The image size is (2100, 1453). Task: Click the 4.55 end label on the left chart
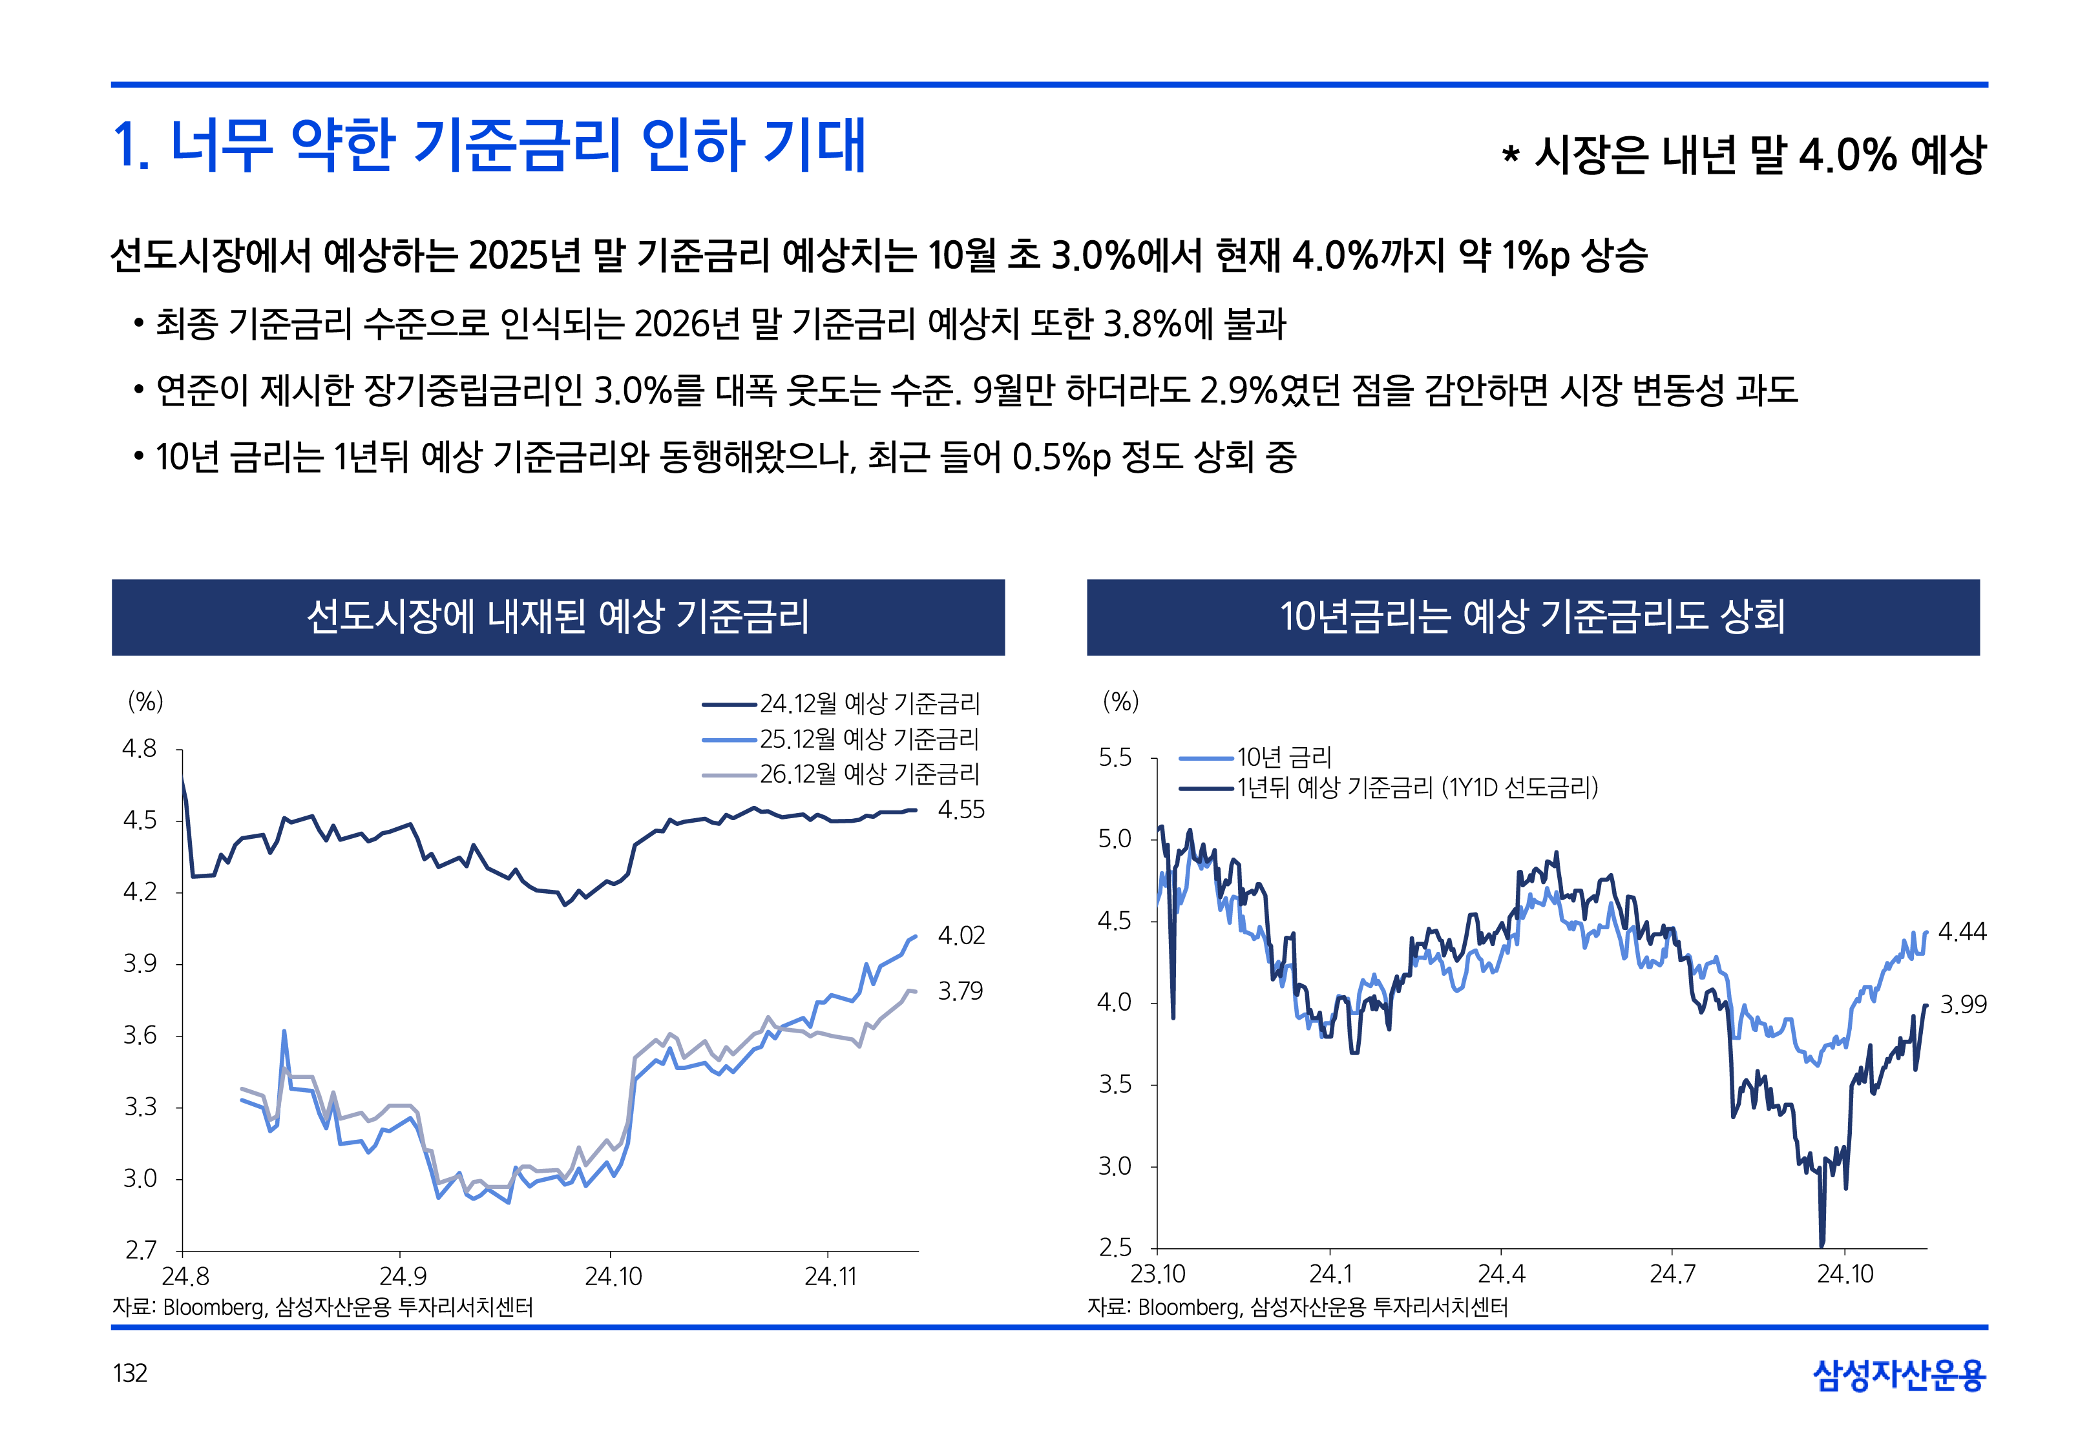(961, 809)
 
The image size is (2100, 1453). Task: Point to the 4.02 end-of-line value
(961, 935)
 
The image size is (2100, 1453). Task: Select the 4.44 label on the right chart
(1962, 931)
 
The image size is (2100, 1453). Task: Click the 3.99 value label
(1962, 1004)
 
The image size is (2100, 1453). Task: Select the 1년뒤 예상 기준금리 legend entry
(1416, 787)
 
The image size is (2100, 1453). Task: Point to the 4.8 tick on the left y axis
(140, 748)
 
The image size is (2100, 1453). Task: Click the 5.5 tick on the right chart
(1115, 757)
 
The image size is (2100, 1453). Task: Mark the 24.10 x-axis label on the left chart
(613, 1277)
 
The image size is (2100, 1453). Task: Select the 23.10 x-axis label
(1157, 1273)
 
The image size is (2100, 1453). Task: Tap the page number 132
(131, 1373)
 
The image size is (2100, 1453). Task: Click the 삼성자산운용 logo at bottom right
(1899, 1375)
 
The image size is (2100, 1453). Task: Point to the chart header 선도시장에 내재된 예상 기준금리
(558, 616)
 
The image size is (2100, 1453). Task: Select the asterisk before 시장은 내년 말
(1510, 155)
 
